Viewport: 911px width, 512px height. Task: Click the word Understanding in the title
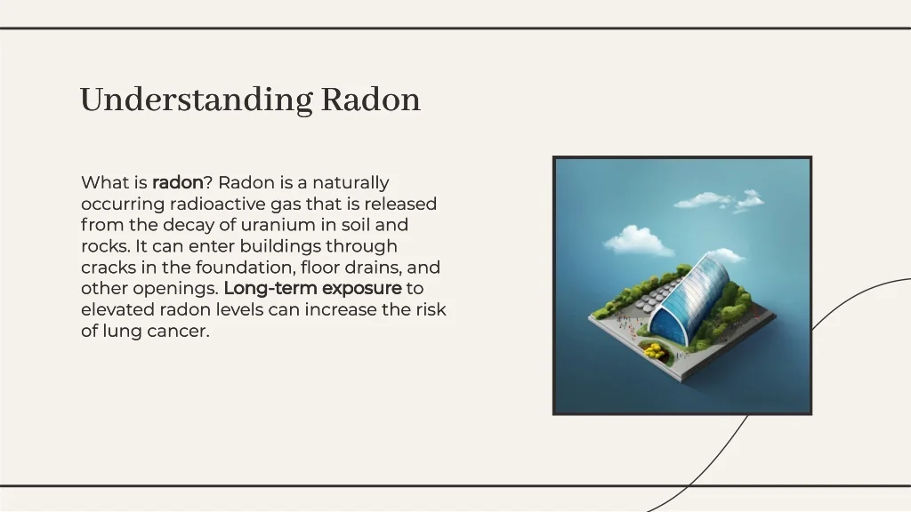pos(197,100)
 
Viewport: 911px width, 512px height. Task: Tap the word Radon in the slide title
pos(371,100)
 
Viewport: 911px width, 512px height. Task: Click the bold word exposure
pos(361,289)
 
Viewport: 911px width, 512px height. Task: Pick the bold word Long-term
pos(270,289)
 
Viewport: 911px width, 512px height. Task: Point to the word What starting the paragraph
pos(105,182)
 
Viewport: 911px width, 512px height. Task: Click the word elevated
pos(117,309)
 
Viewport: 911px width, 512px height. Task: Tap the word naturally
pos(351,183)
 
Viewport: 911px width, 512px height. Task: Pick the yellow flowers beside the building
pos(654,349)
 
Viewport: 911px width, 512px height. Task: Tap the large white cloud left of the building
pos(638,240)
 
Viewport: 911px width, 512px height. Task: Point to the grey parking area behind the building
pos(657,294)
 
